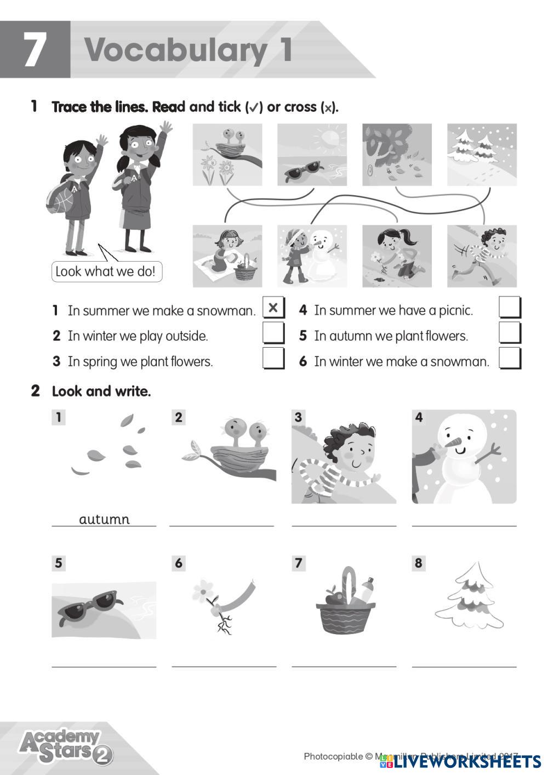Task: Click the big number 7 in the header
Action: [x=34, y=50]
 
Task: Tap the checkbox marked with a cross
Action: [x=273, y=308]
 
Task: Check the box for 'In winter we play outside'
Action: [x=273, y=333]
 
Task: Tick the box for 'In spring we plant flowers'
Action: [x=273, y=359]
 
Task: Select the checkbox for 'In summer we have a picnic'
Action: [x=510, y=308]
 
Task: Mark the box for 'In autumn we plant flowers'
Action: [x=510, y=333]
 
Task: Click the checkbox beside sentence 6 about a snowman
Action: [x=510, y=359]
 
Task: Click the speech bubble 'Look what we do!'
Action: [x=106, y=271]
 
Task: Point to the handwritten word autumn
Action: [x=104, y=519]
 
